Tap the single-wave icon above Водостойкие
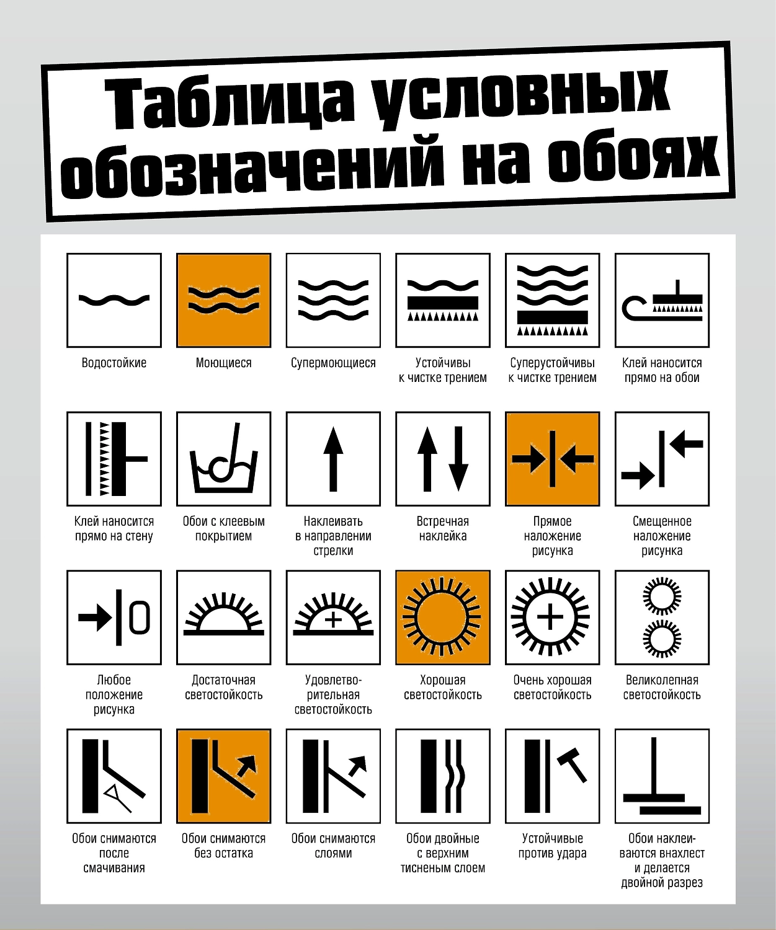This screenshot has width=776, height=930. (x=114, y=300)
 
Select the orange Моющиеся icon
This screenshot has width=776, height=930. (x=224, y=300)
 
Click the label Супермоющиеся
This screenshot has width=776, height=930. (x=333, y=363)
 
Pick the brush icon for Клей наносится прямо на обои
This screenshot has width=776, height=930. (x=662, y=300)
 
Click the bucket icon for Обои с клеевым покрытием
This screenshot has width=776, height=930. (x=224, y=459)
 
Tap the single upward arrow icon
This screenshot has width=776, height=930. (x=333, y=459)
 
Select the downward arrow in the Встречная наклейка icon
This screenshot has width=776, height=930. (x=458, y=459)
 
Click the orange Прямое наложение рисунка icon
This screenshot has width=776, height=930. (x=552, y=459)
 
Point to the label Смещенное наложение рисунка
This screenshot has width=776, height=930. (x=662, y=536)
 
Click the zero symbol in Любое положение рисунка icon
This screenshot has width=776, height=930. (x=140, y=618)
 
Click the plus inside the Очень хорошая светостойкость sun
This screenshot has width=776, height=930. (x=550, y=618)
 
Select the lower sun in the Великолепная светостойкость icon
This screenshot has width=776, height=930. (x=662, y=638)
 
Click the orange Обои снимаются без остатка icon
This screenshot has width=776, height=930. (x=224, y=776)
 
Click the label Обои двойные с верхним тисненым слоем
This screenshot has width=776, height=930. (x=443, y=853)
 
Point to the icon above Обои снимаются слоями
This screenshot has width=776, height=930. (x=333, y=776)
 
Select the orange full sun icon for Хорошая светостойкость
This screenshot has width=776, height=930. (x=443, y=618)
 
